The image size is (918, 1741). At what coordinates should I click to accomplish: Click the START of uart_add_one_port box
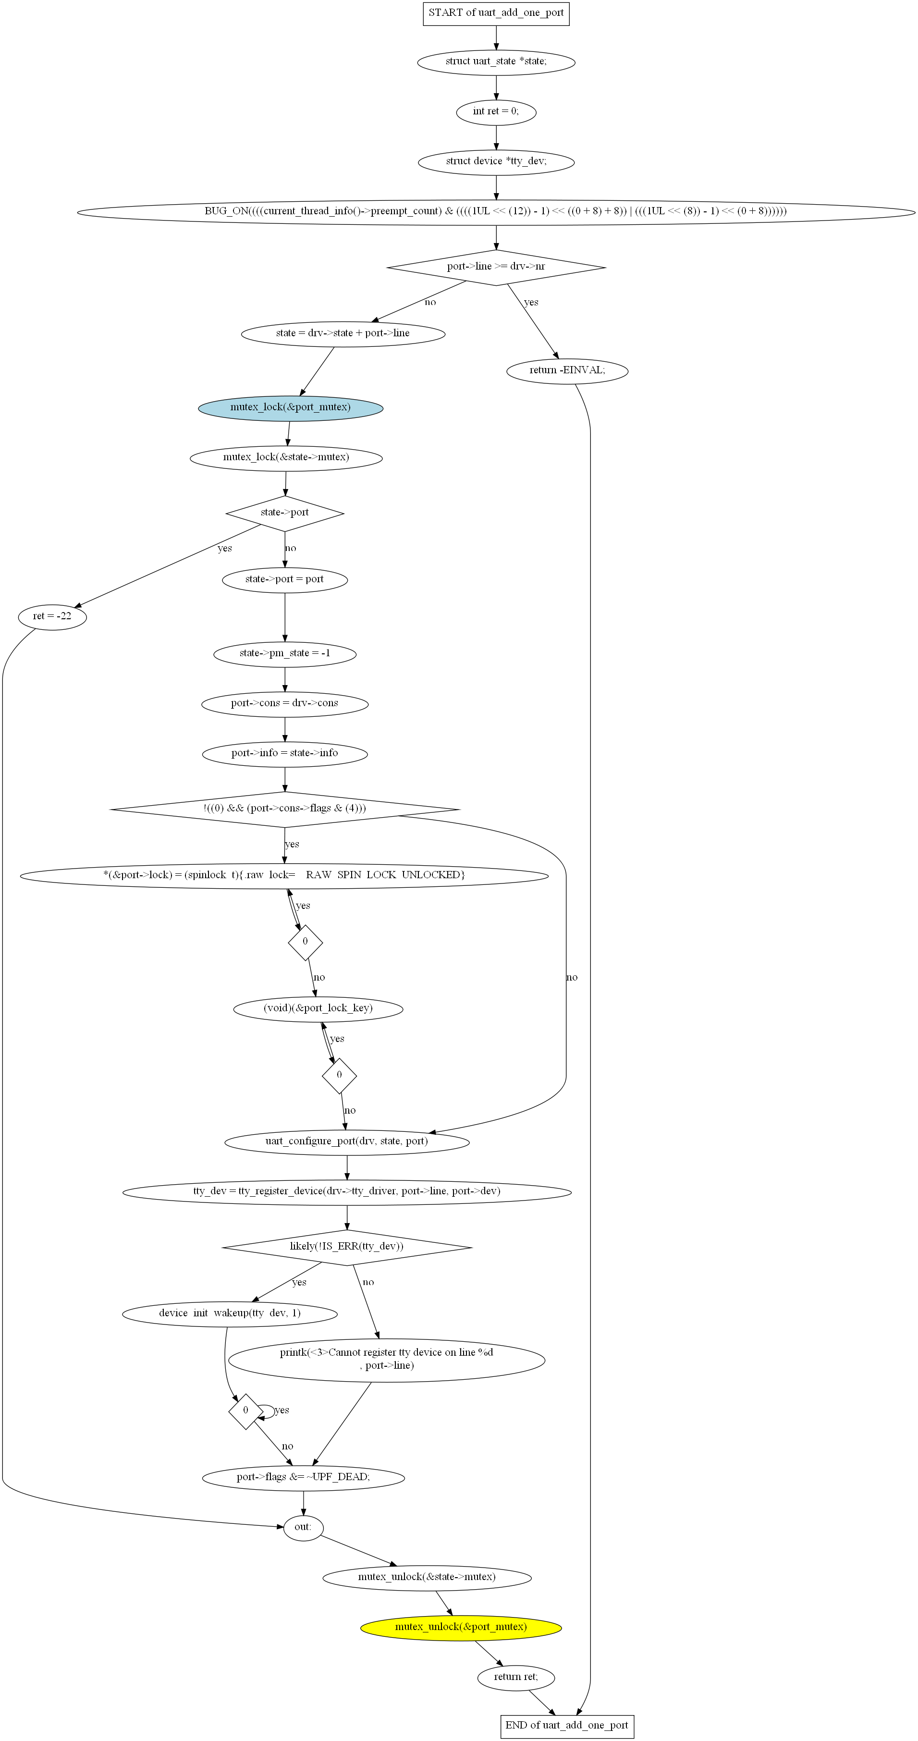pyautogui.click(x=496, y=13)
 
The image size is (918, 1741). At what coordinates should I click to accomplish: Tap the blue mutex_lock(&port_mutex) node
pyautogui.click(x=291, y=407)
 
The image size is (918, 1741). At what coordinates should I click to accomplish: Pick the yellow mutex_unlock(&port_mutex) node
pyautogui.click(x=461, y=1627)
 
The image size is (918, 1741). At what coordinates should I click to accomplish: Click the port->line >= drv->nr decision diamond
pyautogui.click(x=496, y=267)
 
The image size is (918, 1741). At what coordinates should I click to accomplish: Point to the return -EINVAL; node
pyautogui.click(x=567, y=370)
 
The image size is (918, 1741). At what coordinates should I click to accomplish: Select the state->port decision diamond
pyautogui.click(x=284, y=513)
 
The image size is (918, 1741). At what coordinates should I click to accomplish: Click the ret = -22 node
pyautogui.click(x=52, y=617)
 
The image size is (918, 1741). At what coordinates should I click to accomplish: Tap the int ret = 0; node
pyautogui.click(x=496, y=111)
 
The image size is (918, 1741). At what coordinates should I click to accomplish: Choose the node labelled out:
pyautogui.click(x=303, y=1527)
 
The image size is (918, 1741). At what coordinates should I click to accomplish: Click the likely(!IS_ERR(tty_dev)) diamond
pyautogui.click(x=347, y=1247)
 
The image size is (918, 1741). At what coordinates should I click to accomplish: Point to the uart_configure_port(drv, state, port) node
pyautogui.click(x=347, y=1141)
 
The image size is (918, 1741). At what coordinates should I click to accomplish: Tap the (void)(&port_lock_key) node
pyautogui.click(x=318, y=1008)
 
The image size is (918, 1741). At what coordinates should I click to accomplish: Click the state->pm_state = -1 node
pyautogui.click(x=284, y=653)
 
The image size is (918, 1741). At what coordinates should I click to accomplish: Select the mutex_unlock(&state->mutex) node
pyautogui.click(x=427, y=1578)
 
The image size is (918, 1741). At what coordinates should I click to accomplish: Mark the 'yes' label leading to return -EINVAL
pyautogui.click(x=531, y=302)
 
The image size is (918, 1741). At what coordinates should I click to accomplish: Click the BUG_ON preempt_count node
pyautogui.click(x=496, y=211)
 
